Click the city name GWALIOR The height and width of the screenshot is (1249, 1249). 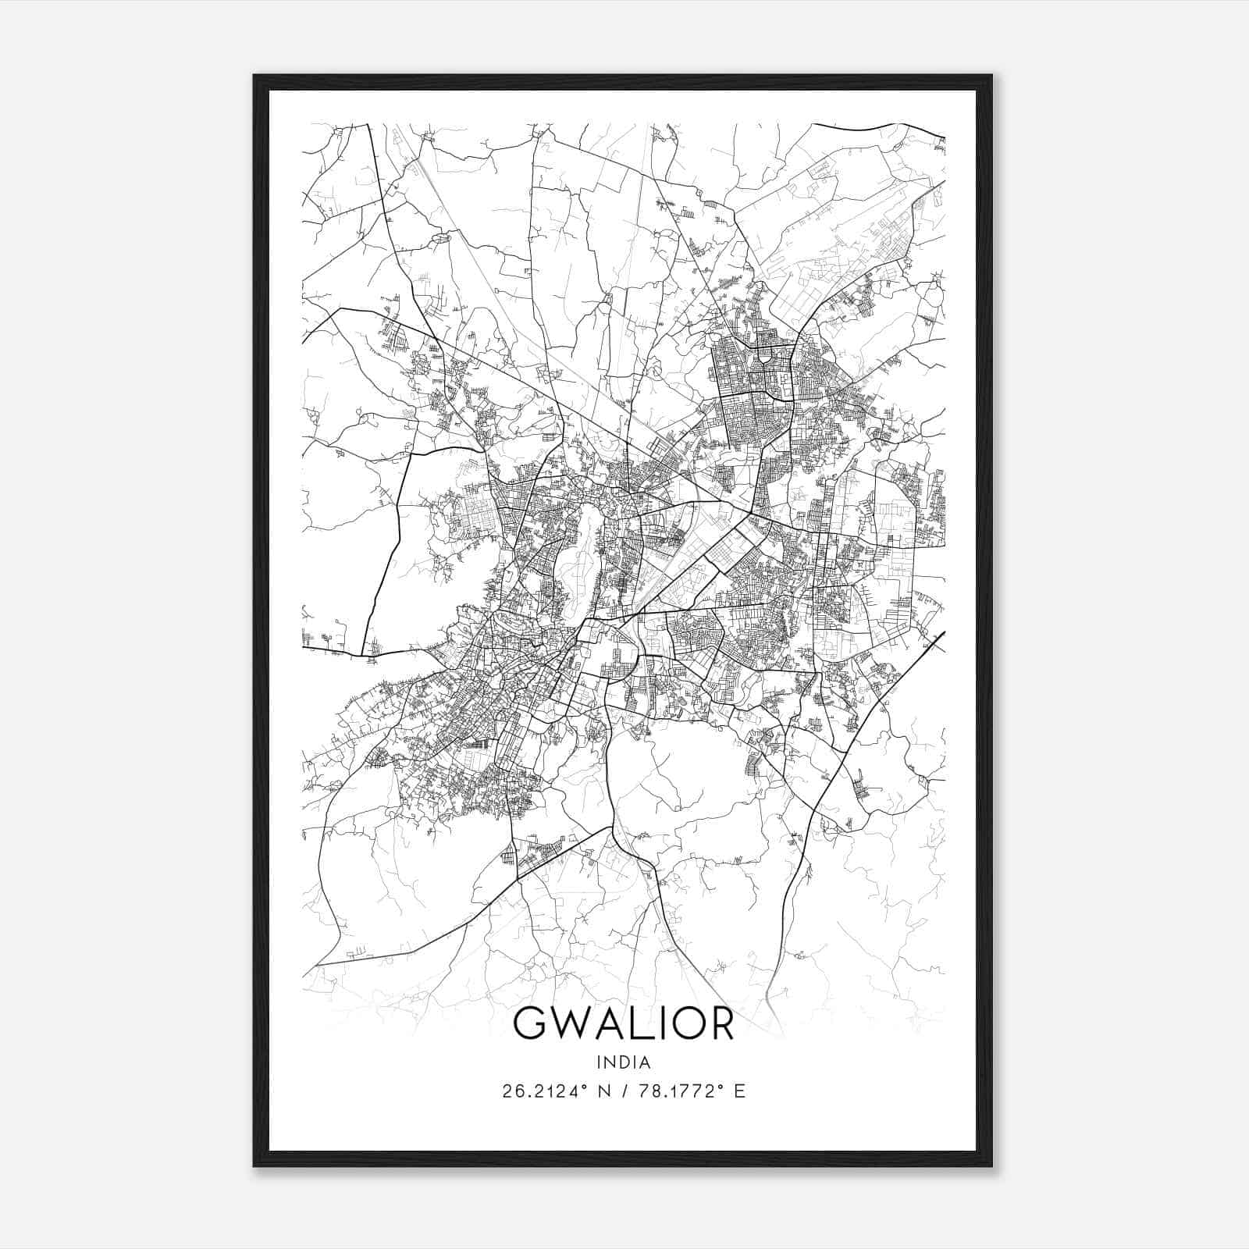tap(624, 1023)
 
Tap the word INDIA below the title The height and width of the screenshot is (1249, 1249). tap(624, 1062)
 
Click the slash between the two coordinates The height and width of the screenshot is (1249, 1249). tap(624, 1091)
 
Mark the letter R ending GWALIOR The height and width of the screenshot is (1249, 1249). tap(722, 1023)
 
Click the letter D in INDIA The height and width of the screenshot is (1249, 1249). tap(624, 1062)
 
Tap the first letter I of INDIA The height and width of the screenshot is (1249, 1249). tap(599, 1062)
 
